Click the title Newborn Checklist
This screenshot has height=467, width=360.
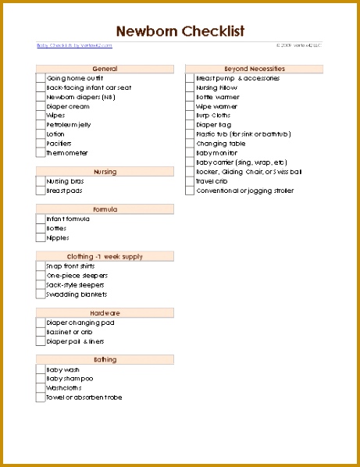(x=180, y=31)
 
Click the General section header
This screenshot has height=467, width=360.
(x=105, y=69)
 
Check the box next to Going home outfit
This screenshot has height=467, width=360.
(x=41, y=78)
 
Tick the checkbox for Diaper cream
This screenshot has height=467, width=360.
(x=41, y=106)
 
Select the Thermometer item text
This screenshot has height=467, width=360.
(x=67, y=153)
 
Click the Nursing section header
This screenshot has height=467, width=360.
(x=105, y=171)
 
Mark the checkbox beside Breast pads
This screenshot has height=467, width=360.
(x=41, y=191)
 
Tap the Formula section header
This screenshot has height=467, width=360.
(x=105, y=209)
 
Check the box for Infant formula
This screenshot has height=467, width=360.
(x=41, y=219)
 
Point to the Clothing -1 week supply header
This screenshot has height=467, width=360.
(x=105, y=256)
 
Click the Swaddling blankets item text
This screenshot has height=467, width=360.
(x=77, y=294)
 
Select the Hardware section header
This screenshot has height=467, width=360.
(x=105, y=312)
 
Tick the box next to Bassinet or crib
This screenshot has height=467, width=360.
(x=41, y=332)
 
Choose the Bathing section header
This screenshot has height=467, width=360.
(x=105, y=359)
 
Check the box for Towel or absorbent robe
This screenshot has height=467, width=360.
(x=41, y=397)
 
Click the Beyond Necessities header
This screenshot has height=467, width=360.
(x=254, y=69)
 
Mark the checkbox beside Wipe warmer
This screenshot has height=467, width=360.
(x=190, y=106)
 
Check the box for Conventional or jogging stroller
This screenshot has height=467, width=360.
(x=190, y=191)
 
